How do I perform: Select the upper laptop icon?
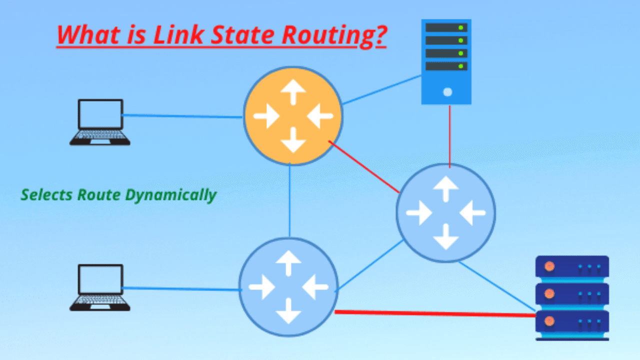point(100,122)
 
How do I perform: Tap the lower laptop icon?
point(100,287)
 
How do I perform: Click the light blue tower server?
point(446,62)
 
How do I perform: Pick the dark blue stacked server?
point(572,297)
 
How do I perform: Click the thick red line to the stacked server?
point(435,313)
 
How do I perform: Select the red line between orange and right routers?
point(364,166)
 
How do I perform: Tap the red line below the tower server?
point(449,135)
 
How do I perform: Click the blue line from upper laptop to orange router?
point(182,116)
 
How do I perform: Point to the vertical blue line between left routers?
point(290,200)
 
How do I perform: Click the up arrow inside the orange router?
point(293,92)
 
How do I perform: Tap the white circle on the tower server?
point(447,92)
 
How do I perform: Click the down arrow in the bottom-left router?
point(288,310)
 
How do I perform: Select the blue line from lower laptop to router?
point(180,288)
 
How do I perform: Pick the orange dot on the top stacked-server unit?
point(549,266)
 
